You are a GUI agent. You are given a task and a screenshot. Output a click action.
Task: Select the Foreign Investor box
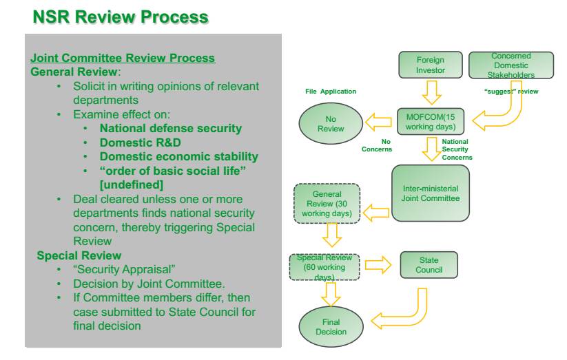click(x=431, y=65)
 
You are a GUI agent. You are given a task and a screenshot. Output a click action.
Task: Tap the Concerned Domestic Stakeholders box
click(x=511, y=65)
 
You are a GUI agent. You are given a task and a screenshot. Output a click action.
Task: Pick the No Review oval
click(x=331, y=123)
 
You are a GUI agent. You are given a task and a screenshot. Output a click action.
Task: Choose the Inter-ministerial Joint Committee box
click(x=429, y=193)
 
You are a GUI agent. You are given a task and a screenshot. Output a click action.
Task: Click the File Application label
click(x=331, y=92)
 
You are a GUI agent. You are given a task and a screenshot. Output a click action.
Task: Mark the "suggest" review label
click(x=511, y=92)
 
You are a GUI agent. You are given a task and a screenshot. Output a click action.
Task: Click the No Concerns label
click(x=377, y=145)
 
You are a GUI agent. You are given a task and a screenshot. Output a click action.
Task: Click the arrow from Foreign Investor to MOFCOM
click(x=431, y=92)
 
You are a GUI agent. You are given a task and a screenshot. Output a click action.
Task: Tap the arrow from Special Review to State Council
click(x=378, y=265)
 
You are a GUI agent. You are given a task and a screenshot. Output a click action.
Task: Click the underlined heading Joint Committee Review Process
click(x=123, y=59)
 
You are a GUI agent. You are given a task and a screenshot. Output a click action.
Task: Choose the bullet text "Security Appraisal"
click(x=114, y=270)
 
